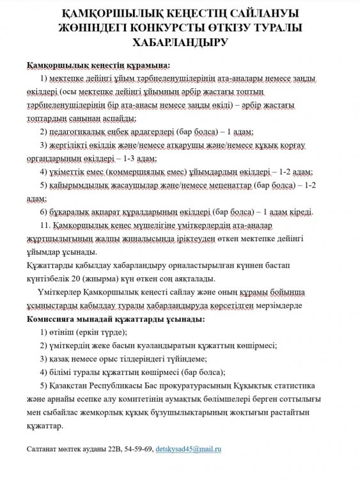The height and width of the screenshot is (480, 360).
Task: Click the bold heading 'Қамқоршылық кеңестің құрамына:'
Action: (98, 65)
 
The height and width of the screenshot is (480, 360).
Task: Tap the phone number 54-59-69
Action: (139, 451)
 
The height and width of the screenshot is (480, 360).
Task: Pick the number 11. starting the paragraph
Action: (44, 227)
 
